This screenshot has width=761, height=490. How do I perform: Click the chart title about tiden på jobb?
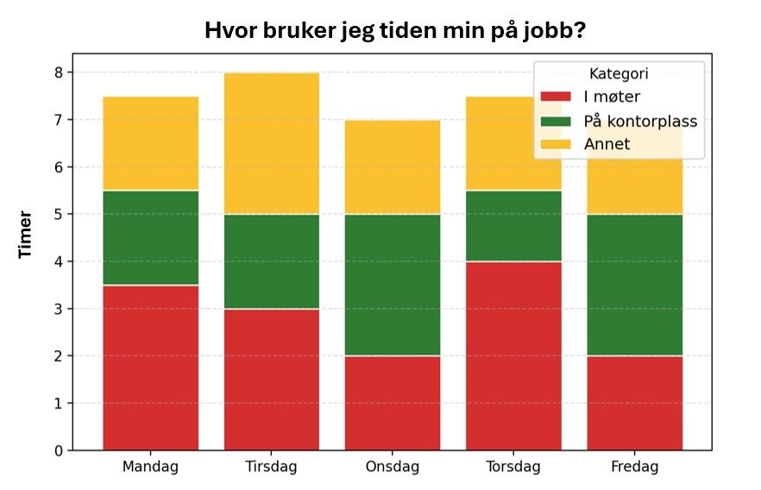click(395, 31)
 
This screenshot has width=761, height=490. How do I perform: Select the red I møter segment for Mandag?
click(151, 367)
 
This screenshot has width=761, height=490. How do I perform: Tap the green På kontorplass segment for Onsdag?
click(393, 285)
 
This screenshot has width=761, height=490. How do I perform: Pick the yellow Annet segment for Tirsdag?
click(272, 143)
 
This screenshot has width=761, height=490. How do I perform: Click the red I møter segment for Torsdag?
click(513, 355)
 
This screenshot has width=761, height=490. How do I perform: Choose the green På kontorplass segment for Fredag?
click(634, 285)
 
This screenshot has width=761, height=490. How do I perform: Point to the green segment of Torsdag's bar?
click(513, 226)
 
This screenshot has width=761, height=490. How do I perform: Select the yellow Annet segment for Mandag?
click(151, 143)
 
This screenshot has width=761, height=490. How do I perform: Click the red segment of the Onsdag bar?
click(393, 403)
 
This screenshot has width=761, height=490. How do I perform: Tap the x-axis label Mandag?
click(151, 468)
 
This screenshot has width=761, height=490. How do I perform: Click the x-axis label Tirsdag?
click(272, 468)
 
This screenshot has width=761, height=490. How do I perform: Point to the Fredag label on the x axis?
click(634, 468)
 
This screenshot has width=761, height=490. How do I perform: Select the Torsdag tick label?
click(513, 468)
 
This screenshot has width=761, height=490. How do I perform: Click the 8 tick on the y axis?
click(59, 72)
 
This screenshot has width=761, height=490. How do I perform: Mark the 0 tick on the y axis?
click(59, 450)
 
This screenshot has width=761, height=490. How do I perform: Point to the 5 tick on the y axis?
click(59, 214)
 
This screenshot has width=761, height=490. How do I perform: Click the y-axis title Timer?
click(25, 234)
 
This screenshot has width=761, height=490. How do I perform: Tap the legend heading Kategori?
click(619, 75)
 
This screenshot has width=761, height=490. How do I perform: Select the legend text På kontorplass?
click(640, 121)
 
